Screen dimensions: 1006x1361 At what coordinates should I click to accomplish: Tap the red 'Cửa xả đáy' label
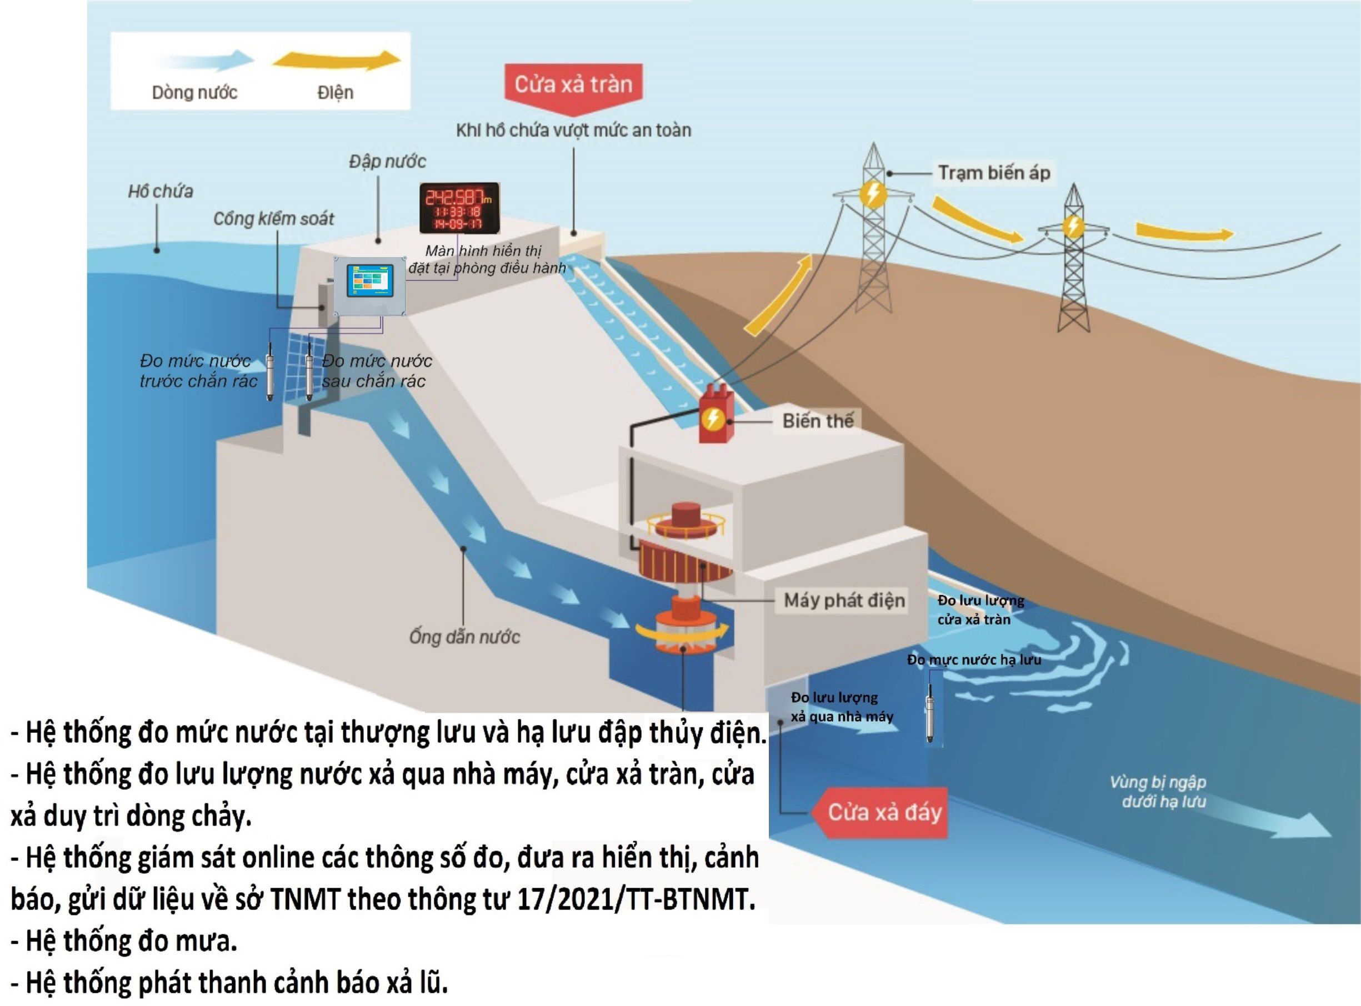click(884, 812)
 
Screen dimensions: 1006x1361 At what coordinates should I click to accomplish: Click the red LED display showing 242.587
click(459, 208)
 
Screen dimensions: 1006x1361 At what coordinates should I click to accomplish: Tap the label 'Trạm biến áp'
click(994, 173)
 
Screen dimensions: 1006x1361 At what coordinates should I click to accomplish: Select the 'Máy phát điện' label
click(844, 600)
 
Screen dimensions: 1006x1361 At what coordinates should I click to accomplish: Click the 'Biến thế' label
click(818, 421)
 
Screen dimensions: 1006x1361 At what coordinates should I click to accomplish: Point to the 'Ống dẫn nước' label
click(464, 637)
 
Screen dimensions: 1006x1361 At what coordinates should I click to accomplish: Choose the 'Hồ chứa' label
click(160, 192)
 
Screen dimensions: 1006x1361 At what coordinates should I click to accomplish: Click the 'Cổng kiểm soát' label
click(273, 219)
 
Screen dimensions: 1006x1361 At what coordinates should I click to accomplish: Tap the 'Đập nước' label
click(387, 162)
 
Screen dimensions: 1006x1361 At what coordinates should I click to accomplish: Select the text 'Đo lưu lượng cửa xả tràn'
click(980, 610)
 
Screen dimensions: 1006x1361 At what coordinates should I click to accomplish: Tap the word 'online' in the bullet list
click(273, 857)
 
